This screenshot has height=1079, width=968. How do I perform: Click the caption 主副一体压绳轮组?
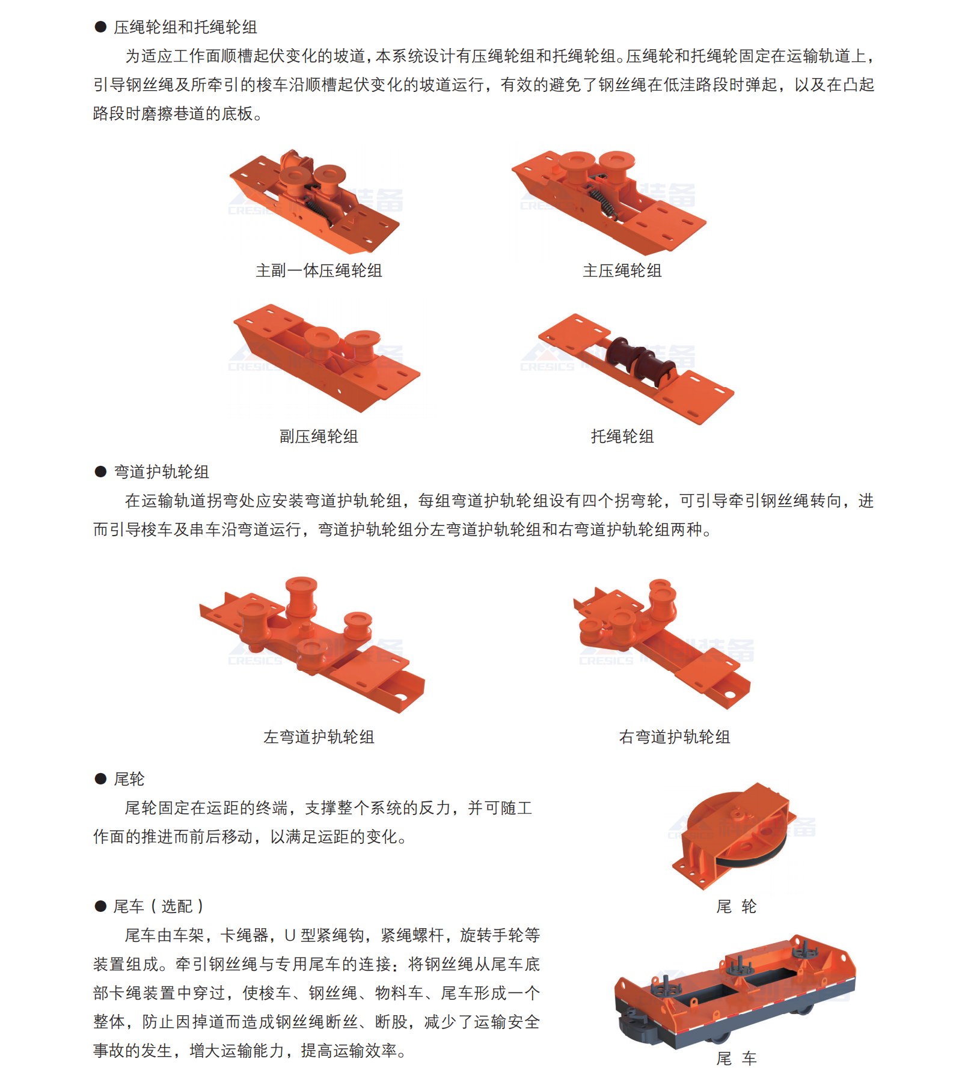pos(319,271)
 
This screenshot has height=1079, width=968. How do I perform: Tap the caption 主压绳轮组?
pos(622,271)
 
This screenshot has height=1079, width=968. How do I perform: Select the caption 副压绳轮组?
pos(319,436)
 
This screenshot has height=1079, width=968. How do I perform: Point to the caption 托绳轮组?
pos(622,436)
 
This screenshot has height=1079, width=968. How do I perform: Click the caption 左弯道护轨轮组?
pos(319,737)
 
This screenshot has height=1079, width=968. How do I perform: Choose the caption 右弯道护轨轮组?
pos(675,737)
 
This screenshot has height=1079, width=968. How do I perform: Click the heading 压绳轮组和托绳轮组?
pos(185,27)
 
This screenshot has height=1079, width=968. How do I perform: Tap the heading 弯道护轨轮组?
pos(161,472)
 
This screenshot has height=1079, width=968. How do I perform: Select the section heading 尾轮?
pos(129,779)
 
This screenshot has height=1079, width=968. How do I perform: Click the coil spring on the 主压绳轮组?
pos(602,201)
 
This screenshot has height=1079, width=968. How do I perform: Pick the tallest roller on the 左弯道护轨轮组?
pos(301,595)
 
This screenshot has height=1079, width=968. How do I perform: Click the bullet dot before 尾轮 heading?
pos(100,779)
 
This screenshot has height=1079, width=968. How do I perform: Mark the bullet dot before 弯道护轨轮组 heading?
pos(100,472)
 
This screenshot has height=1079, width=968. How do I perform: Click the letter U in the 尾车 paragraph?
pos(290,935)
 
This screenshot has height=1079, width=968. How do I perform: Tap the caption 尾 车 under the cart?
pos(736,1058)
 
